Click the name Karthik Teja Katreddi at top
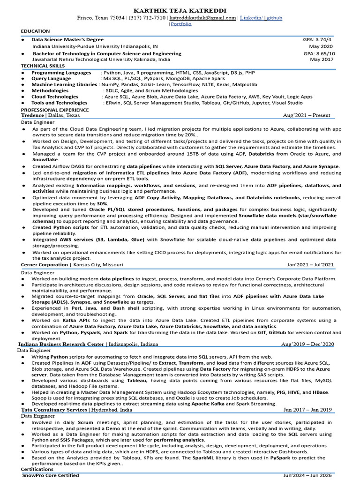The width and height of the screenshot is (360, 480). (x=180, y=10)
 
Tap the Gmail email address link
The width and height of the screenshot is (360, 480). (x=202, y=18)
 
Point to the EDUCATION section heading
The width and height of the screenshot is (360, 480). (x=35, y=31)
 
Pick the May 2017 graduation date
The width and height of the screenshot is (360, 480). (x=322, y=60)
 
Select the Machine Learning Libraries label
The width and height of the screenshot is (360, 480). (x=64, y=85)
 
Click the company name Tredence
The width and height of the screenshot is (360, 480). (x=32, y=115)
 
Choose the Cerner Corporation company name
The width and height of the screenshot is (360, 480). (x=45, y=265)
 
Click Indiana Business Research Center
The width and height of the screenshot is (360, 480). (x=61, y=344)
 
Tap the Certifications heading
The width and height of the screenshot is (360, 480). (x=37, y=469)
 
